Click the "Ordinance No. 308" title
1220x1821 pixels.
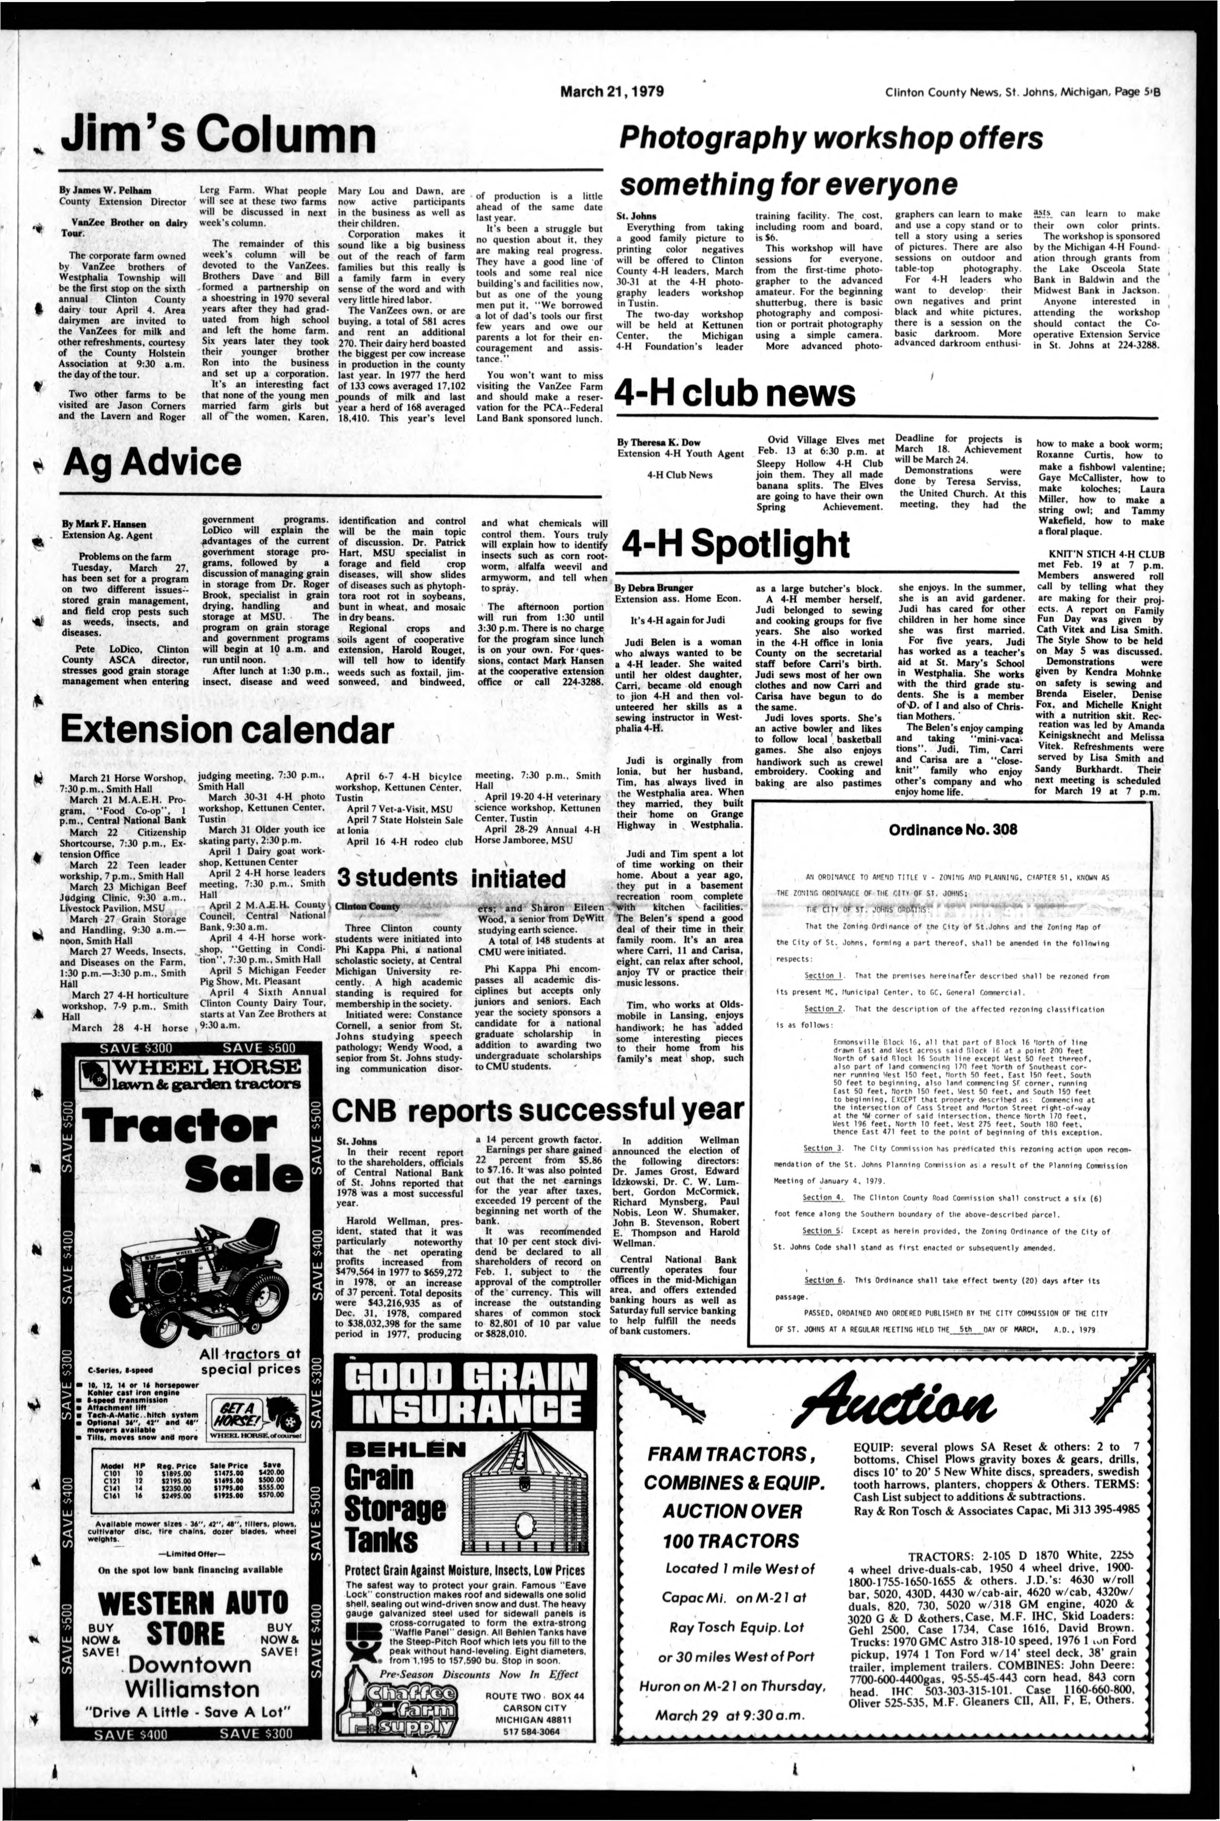(953, 830)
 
